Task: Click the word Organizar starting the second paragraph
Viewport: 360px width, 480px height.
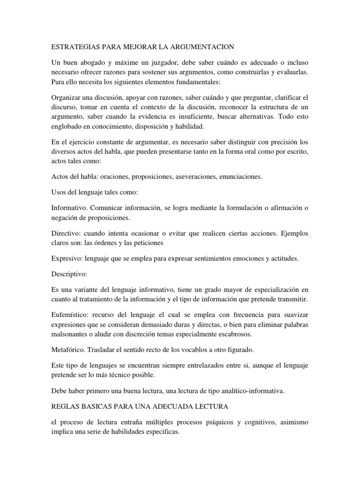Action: click(67, 97)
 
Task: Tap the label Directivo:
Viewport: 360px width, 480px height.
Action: click(66, 234)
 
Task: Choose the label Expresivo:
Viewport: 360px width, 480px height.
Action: click(67, 258)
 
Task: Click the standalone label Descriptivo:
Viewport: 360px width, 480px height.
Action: click(70, 274)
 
